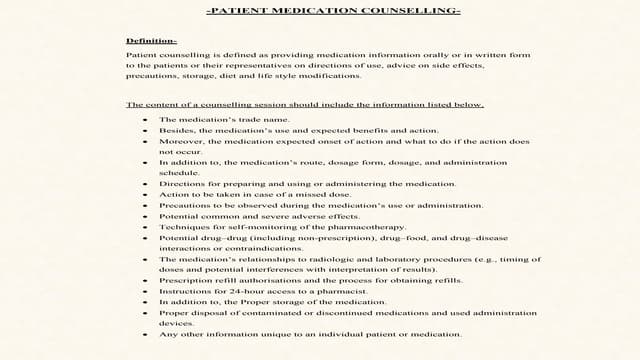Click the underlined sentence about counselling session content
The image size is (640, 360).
pyautogui.click(x=305, y=104)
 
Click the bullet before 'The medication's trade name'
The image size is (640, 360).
pyautogui.click(x=145, y=119)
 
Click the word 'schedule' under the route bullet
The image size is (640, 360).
pyautogui.click(x=179, y=173)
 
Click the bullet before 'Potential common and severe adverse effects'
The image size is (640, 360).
pyautogui.click(x=145, y=216)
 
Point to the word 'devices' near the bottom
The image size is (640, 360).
pyautogui.click(x=177, y=323)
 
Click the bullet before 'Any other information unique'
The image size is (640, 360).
pyautogui.click(x=145, y=334)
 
